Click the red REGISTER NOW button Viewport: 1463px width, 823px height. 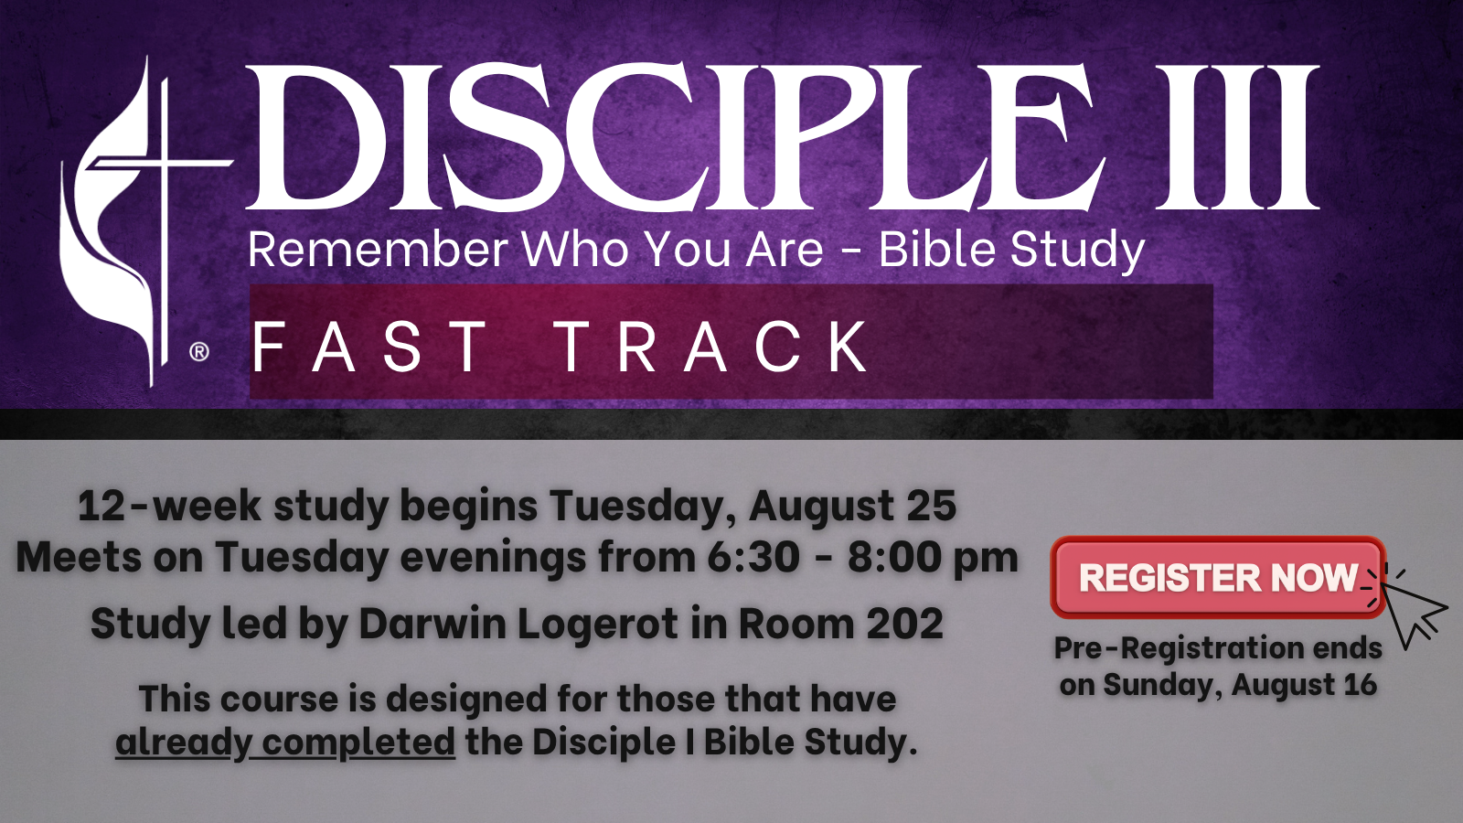(1217, 577)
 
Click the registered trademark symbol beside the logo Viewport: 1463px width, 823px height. (199, 352)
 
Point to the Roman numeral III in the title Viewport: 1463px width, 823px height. (1237, 137)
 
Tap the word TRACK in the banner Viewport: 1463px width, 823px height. (712, 347)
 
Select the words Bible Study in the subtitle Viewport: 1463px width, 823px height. (1011, 251)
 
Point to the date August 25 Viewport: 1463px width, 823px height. (852, 507)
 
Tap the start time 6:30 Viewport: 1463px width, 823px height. (753, 558)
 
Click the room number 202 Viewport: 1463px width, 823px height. (904, 623)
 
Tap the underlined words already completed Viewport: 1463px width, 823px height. (285, 742)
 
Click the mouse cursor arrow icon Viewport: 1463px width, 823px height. (1411, 612)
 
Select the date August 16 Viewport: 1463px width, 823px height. (1304, 685)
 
